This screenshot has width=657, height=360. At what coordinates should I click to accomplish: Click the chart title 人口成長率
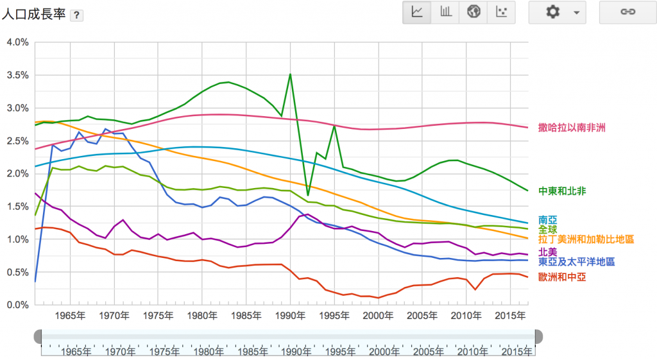click(33, 14)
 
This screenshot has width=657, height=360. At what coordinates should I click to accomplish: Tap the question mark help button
click(76, 15)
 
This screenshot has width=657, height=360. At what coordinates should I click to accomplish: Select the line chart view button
click(417, 12)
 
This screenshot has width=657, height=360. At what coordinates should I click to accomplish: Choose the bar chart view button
click(445, 12)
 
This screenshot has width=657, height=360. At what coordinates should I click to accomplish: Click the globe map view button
click(474, 12)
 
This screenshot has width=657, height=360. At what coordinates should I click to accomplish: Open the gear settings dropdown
click(557, 12)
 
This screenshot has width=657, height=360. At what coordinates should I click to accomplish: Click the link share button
click(627, 12)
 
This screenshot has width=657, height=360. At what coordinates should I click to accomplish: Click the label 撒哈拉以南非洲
click(572, 128)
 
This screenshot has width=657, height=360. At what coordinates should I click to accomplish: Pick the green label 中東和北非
click(562, 191)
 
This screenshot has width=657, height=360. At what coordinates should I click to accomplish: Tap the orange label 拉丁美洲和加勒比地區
click(586, 239)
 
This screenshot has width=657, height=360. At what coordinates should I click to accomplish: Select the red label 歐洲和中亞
click(562, 277)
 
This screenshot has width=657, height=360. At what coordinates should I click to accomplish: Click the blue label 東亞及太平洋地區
click(576, 262)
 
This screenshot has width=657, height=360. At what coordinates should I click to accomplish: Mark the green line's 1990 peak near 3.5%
click(290, 74)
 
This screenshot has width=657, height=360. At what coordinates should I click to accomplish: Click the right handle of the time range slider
click(538, 336)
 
